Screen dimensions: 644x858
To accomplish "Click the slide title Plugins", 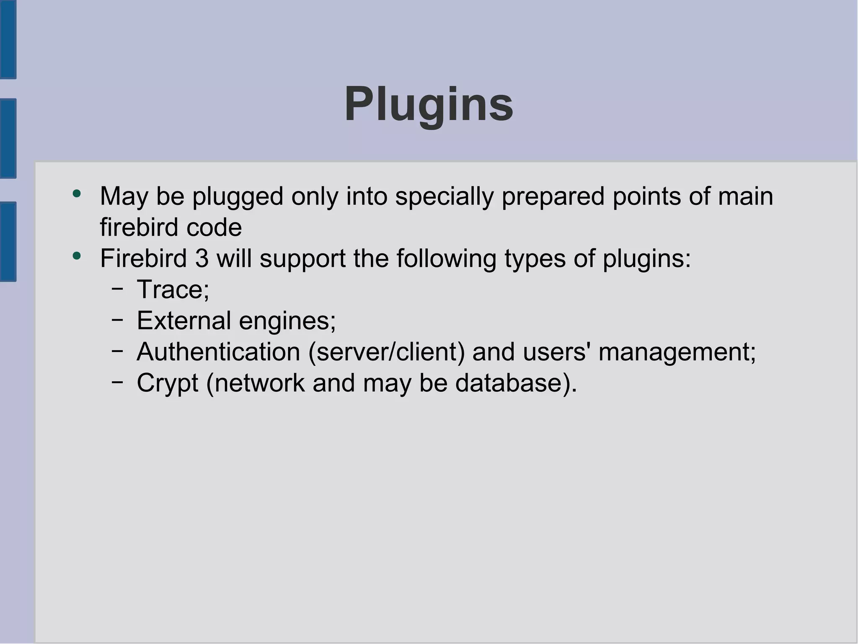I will point(429,104).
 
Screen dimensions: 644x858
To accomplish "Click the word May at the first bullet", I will point(124,196).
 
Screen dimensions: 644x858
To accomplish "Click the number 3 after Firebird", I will point(202,258).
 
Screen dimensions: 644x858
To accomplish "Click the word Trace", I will point(170,289).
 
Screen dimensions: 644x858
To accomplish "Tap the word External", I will point(184,321).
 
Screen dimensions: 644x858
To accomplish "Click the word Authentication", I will point(218,352).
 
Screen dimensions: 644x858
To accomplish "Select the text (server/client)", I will point(387,352).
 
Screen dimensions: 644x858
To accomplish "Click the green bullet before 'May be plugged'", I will point(76,194).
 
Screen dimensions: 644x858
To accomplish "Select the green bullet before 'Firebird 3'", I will point(76,256).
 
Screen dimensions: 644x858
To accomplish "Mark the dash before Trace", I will point(117,288).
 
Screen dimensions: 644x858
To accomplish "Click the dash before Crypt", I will point(117,382).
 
